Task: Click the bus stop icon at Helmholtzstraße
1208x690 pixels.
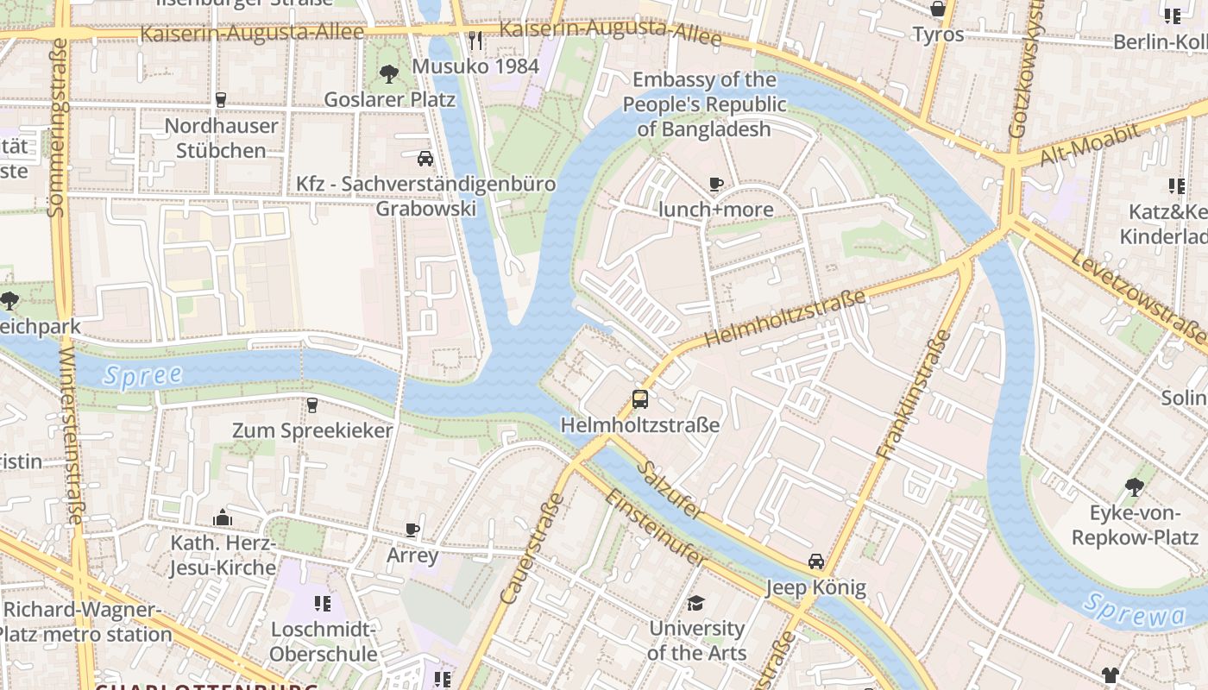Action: (x=639, y=398)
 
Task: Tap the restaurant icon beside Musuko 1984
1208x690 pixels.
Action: (x=475, y=41)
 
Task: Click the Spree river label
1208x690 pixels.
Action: (x=142, y=375)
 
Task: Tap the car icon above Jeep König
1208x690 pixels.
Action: (x=815, y=561)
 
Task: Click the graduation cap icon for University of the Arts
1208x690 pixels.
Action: (x=696, y=603)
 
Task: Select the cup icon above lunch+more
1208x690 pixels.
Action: (x=715, y=184)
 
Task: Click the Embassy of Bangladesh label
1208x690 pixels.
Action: (x=704, y=104)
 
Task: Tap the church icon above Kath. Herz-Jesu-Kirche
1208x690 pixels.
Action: (x=223, y=517)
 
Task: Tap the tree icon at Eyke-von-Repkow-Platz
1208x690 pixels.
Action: (x=1134, y=487)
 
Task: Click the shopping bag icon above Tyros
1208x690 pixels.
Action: (x=938, y=9)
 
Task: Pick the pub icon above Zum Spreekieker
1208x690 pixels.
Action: (x=312, y=405)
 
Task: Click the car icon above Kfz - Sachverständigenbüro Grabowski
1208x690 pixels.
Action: (x=425, y=158)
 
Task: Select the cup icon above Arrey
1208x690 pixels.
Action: (x=412, y=529)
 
